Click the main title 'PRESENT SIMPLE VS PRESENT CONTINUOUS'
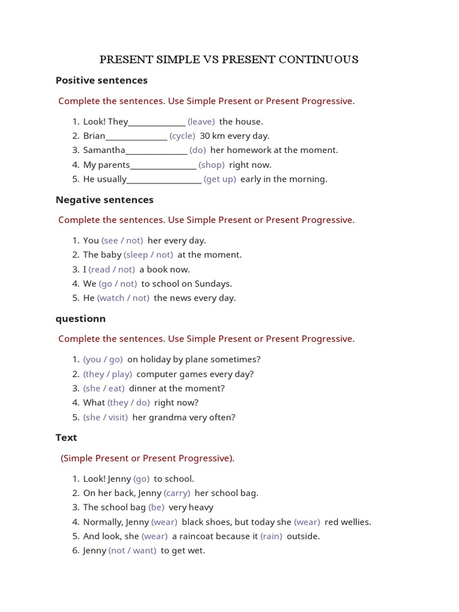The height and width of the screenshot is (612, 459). (x=229, y=59)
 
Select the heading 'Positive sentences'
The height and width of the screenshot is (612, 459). (x=102, y=80)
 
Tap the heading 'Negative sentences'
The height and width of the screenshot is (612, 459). (x=105, y=200)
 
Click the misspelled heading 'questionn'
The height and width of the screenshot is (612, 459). (x=81, y=319)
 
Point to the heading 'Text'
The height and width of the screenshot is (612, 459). (x=66, y=437)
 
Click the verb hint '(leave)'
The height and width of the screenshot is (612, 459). (x=201, y=121)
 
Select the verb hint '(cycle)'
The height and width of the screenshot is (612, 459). (x=182, y=136)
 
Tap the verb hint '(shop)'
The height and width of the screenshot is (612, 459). (x=212, y=164)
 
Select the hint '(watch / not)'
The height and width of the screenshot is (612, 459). (x=123, y=298)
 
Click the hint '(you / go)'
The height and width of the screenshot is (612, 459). (x=103, y=359)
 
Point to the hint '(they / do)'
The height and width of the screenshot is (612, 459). (x=128, y=403)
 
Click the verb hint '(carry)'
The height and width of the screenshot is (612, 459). (x=177, y=493)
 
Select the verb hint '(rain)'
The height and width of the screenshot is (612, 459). (x=271, y=536)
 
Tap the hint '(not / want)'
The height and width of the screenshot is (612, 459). (x=132, y=550)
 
